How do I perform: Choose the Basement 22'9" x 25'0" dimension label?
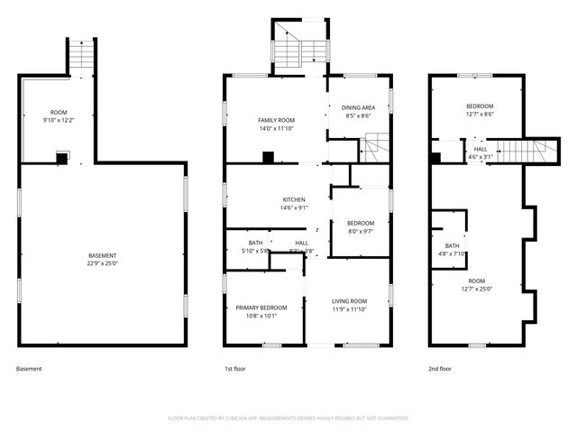click(103, 260)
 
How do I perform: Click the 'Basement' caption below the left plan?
click(29, 369)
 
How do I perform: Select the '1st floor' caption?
click(235, 369)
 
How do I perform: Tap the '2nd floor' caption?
click(441, 369)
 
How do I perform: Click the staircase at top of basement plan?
click(81, 56)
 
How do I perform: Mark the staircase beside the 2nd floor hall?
click(522, 152)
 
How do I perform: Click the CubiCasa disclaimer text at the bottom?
click(288, 418)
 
